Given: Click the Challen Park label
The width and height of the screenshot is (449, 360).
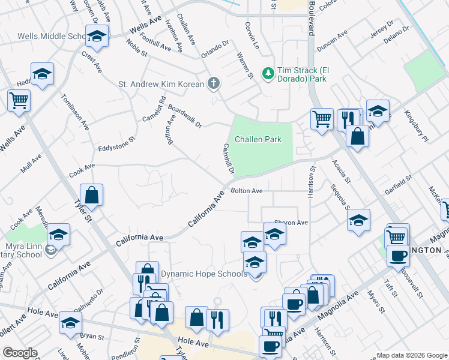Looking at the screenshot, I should (258, 139).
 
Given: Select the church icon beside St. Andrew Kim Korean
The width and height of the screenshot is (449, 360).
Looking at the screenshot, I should (213, 84).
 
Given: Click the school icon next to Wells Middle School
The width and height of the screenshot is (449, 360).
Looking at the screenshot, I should (96, 37).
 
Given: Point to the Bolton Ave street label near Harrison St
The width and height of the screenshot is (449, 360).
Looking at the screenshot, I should (247, 191).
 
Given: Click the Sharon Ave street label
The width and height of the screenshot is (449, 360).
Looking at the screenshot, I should (291, 223).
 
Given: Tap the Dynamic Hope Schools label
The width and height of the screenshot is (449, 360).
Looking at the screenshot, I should (203, 274).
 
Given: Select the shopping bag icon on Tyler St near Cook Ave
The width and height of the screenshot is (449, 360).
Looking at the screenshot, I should (92, 195).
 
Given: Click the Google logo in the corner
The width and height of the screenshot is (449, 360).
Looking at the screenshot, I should (20, 353).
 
